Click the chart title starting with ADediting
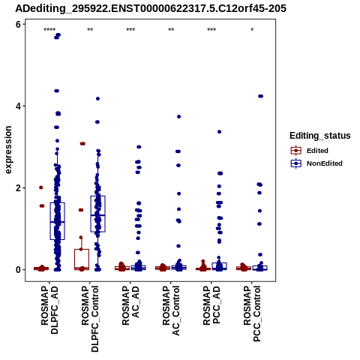(x=151, y=8)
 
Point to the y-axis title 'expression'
(x=8, y=150)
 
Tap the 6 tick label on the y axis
(x=19, y=24)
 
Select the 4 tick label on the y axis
(x=19, y=106)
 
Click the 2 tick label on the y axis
(x=19, y=187)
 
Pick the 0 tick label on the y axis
(x=19, y=270)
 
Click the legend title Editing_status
(x=320, y=136)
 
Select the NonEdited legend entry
(x=316, y=163)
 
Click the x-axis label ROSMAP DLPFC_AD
(x=49, y=310)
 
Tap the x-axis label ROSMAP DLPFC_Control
(x=90, y=319)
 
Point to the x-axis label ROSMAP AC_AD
(x=130, y=305)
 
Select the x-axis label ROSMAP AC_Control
(x=171, y=310)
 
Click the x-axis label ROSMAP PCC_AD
(x=211, y=305)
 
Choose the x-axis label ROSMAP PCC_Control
(x=252, y=313)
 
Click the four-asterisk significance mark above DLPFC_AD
(x=49, y=30)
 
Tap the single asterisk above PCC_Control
(x=252, y=30)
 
